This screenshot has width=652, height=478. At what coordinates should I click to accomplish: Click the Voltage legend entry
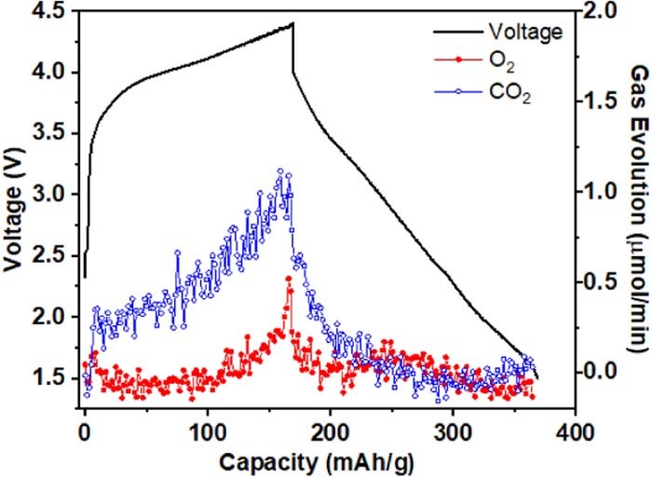point(525,32)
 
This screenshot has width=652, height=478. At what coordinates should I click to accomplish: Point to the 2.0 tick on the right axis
point(605,11)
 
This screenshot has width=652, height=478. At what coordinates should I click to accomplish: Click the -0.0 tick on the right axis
point(605,371)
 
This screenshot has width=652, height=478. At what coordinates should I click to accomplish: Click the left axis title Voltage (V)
point(15,214)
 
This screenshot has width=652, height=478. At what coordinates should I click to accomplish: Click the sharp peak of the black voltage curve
point(292,23)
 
